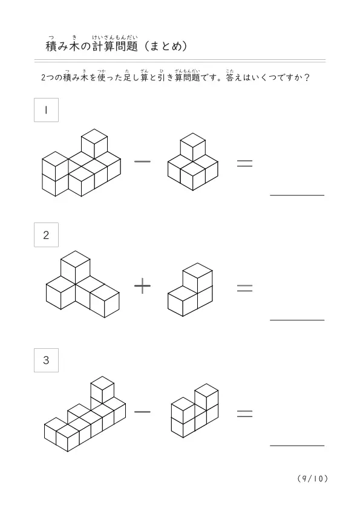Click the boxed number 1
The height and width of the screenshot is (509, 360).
tap(46, 110)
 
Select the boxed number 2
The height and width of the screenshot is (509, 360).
tap(46, 235)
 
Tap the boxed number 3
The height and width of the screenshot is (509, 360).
tap(46, 360)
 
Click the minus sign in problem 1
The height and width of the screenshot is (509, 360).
tap(142, 161)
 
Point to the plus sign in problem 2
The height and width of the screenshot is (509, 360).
tap(142, 286)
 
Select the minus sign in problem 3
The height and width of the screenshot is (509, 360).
tap(142, 412)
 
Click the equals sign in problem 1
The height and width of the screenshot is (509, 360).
tap(244, 163)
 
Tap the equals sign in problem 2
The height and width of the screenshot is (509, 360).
tap(244, 288)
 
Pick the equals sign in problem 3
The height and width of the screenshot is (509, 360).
tap(244, 413)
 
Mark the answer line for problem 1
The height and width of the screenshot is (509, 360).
tap(297, 195)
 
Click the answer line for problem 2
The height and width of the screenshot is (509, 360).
tap(297, 320)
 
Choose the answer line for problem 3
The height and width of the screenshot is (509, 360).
tap(297, 446)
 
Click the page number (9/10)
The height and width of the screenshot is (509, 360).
tap(313, 479)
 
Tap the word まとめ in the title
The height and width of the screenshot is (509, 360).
tap(165, 47)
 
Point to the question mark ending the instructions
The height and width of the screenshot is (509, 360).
tap(306, 77)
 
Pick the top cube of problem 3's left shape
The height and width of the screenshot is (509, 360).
tap(102, 389)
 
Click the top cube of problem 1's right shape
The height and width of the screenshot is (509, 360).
tap(192, 147)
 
